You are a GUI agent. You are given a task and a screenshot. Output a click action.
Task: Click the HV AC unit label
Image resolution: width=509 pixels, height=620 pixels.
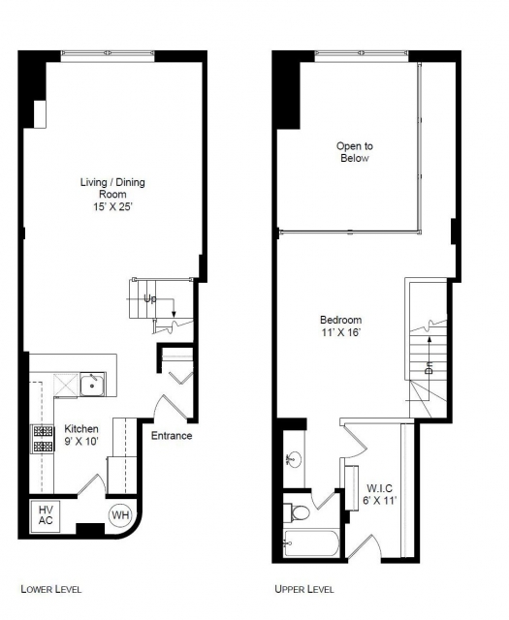(x=46, y=514)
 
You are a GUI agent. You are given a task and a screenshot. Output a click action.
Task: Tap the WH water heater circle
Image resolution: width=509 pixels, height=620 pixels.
(x=120, y=514)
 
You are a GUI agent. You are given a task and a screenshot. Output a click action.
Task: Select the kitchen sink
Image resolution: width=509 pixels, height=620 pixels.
(x=92, y=385)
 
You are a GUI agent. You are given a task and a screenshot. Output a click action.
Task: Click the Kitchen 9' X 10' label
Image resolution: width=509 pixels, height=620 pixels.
(x=81, y=435)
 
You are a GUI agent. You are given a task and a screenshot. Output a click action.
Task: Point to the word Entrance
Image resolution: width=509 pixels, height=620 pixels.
(x=172, y=436)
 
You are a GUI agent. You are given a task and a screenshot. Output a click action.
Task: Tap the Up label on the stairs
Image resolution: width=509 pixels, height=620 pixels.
(x=150, y=299)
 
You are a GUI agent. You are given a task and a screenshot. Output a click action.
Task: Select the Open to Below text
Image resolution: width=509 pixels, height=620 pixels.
(x=355, y=152)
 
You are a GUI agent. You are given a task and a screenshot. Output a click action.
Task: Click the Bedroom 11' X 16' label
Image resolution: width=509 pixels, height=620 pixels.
(x=340, y=325)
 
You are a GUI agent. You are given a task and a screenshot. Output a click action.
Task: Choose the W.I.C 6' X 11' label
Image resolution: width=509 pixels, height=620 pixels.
(x=380, y=494)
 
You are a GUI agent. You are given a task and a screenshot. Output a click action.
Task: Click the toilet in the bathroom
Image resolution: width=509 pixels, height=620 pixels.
(x=297, y=513)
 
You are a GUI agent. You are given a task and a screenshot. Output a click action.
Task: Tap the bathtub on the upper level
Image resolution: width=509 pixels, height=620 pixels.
(x=311, y=543)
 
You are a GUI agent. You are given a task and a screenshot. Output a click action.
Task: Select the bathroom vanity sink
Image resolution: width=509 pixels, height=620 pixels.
(x=294, y=459)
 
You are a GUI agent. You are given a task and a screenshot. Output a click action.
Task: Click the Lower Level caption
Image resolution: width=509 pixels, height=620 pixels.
(x=51, y=589)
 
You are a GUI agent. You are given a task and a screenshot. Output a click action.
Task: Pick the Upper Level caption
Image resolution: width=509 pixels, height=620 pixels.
(x=304, y=589)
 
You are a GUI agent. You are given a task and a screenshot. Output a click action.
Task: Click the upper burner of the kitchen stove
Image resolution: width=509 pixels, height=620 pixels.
(x=43, y=430)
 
